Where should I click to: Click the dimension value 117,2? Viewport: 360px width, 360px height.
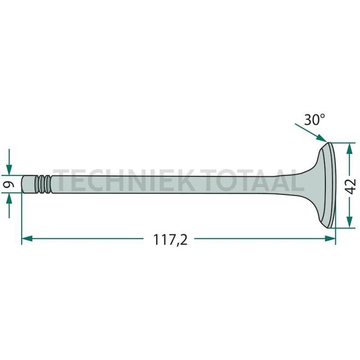172,239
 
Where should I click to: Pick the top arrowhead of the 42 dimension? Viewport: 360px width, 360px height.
349,148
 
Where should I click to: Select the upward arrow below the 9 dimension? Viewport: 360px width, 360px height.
9,201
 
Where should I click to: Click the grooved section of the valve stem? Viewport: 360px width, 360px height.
43,183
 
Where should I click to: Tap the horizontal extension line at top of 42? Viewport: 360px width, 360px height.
342,142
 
